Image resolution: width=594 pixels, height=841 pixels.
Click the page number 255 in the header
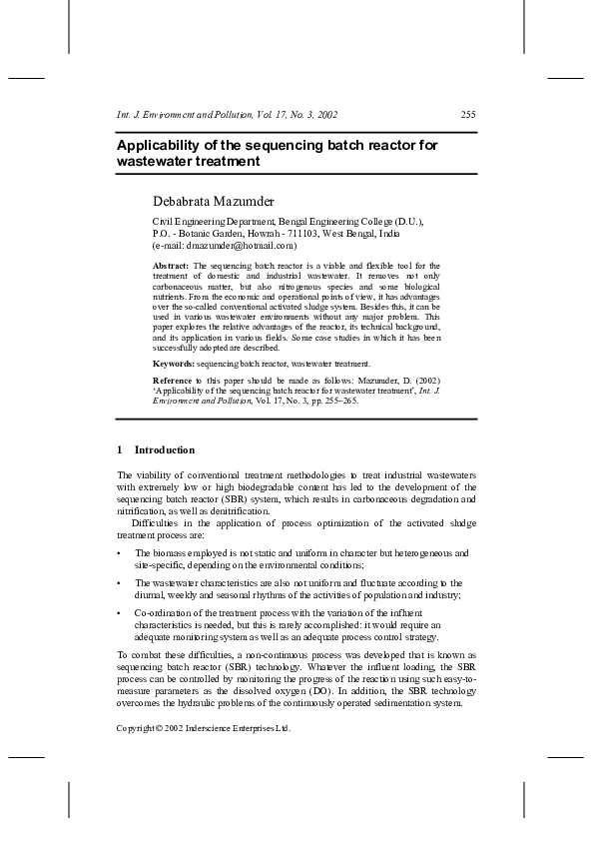[x=467, y=114]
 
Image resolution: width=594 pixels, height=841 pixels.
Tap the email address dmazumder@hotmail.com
[x=241, y=244]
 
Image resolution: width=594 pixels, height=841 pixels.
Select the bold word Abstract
[x=170, y=266]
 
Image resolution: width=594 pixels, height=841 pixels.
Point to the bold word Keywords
[x=173, y=364]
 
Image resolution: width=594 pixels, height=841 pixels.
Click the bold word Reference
[x=174, y=381]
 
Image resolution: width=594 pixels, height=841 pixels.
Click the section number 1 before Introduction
[x=120, y=449]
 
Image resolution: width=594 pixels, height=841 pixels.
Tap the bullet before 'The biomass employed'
[x=120, y=552]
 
